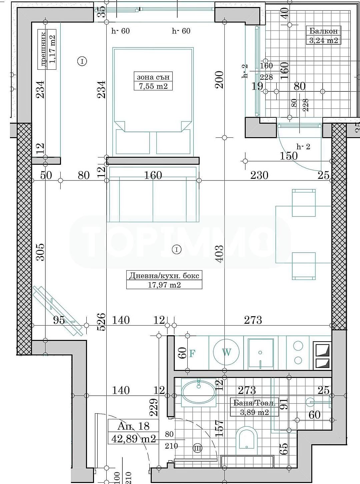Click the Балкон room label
pos(323,31)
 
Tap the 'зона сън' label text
pos(153,77)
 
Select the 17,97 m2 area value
pos(164,285)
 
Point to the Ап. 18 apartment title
pos(133,426)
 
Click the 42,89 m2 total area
pos(133,439)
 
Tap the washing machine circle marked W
pos(226,352)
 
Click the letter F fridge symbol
pos(192,354)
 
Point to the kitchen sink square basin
pos(260,353)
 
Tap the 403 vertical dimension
pos(219,254)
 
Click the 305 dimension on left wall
pos(40,252)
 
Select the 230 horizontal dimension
pos(259,175)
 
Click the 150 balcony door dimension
pos(289,156)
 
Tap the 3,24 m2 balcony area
pos(323,41)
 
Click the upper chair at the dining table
pos(304,202)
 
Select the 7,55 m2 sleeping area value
pos(153,86)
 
